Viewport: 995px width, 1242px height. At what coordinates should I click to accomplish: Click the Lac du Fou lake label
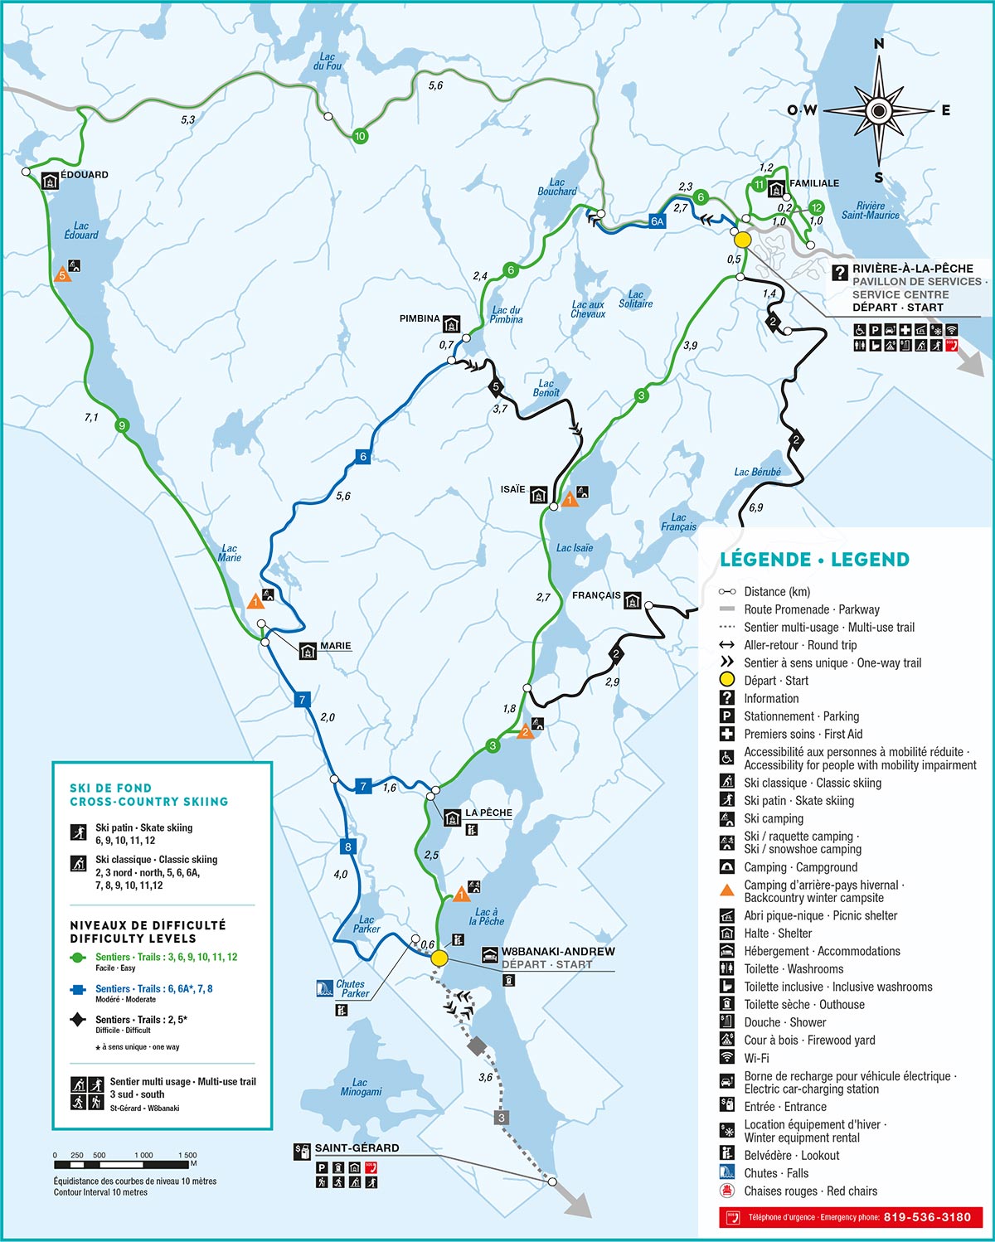pos(328,62)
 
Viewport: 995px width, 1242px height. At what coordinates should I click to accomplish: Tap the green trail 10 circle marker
pos(360,136)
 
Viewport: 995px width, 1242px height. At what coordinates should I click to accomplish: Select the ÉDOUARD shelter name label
pos(85,175)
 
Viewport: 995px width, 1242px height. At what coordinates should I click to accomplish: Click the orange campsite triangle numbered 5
pos(61,275)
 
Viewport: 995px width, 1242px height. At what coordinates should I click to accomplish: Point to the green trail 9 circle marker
pos(122,426)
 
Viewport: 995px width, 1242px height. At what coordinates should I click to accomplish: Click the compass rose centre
pos(878,109)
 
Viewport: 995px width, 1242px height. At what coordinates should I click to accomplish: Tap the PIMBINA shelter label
pos(420,318)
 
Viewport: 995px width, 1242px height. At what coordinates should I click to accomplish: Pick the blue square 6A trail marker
pos(658,221)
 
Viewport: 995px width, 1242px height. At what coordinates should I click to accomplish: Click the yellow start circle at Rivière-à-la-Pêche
pos(742,240)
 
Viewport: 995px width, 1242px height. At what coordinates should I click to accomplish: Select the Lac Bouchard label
pos(557,187)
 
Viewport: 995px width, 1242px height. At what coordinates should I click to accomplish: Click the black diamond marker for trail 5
pos(496,386)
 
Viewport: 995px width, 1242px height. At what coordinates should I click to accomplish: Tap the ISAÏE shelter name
pos(513,489)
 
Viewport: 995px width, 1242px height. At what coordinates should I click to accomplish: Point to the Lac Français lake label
pos(679,522)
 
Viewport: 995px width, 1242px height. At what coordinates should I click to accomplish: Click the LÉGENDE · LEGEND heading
pos(814,560)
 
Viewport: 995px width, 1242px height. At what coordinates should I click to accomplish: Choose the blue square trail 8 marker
pos(347,847)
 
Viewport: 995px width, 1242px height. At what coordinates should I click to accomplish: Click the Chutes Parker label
pos(352,988)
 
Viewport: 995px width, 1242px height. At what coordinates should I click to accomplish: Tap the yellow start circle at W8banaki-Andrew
pos(439,958)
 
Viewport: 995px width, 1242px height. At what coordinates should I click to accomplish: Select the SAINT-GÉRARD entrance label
pos(357,1148)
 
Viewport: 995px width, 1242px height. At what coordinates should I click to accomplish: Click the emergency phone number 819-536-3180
pos(927,1217)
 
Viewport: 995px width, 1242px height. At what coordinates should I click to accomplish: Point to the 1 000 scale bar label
pos(143,1155)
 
